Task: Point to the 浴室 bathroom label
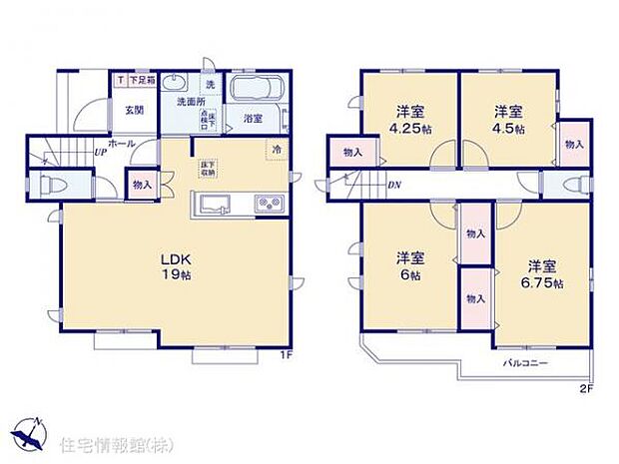[x=253, y=119]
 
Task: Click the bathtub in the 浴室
[x=259, y=89]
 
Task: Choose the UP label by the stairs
[x=101, y=153]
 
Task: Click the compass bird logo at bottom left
[x=31, y=434]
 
